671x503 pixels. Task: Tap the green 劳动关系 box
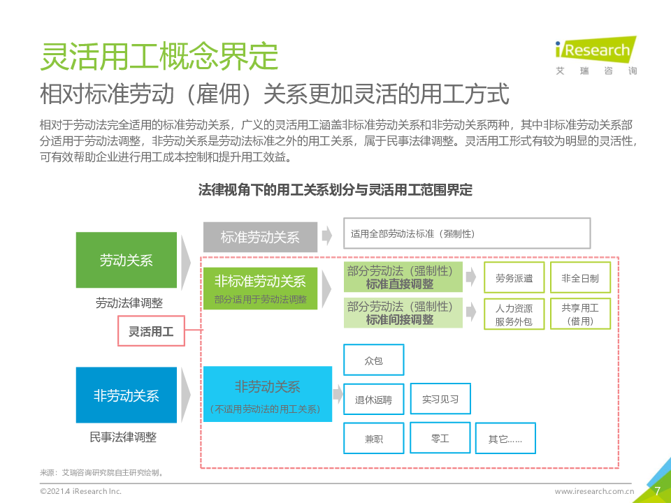pyautogui.click(x=126, y=261)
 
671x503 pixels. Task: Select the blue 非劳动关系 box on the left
pyautogui.click(x=126, y=395)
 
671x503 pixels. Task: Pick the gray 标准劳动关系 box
pyautogui.click(x=259, y=237)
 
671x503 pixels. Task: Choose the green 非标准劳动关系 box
pyautogui.click(x=259, y=288)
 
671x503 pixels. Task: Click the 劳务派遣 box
pyautogui.click(x=514, y=278)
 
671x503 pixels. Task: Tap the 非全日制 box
pyautogui.click(x=580, y=278)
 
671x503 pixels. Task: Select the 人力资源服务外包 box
pyautogui.click(x=514, y=314)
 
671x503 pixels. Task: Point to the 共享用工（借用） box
pyautogui.click(x=580, y=314)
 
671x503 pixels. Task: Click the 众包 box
pyautogui.click(x=373, y=360)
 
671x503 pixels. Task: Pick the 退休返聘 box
pyautogui.click(x=373, y=400)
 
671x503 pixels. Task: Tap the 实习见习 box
pyautogui.click(x=440, y=399)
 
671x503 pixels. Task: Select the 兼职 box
pyautogui.click(x=373, y=439)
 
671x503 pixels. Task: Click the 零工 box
pyautogui.click(x=440, y=438)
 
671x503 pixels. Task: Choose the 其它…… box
pyautogui.click(x=505, y=439)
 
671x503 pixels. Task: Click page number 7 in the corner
pyautogui.click(x=657, y=490)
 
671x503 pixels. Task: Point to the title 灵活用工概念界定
pyautogui.click(x=159, y=57)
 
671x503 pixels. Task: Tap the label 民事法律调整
pyautogui.click(x=123, y=437)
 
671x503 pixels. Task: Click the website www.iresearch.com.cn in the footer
pyautogui.click(x=594, y=492)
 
